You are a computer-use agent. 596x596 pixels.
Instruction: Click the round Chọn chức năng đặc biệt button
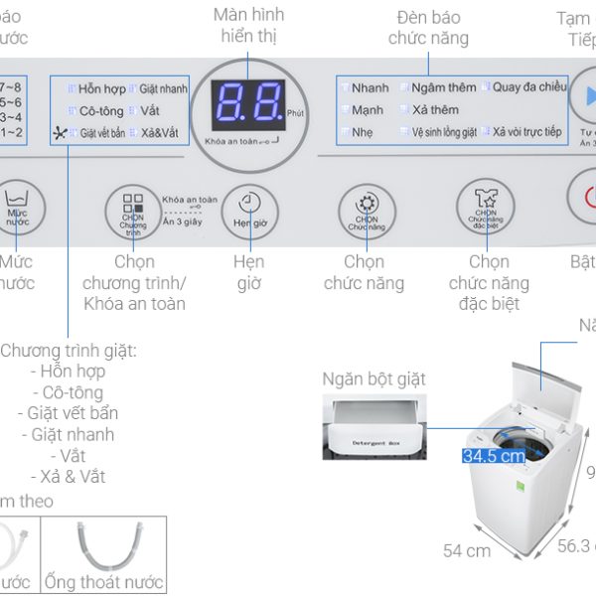point(485,207)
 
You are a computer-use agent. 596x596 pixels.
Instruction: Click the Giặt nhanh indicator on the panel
point(163,88)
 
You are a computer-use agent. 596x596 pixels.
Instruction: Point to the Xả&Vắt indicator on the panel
point(160,132)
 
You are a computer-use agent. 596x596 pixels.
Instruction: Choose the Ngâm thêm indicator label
point(443,87)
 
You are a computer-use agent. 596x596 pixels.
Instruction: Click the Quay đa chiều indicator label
point(528,87)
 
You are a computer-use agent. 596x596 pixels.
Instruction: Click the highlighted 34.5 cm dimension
point(494,456)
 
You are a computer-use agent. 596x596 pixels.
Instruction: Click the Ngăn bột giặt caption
point(373,378)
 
